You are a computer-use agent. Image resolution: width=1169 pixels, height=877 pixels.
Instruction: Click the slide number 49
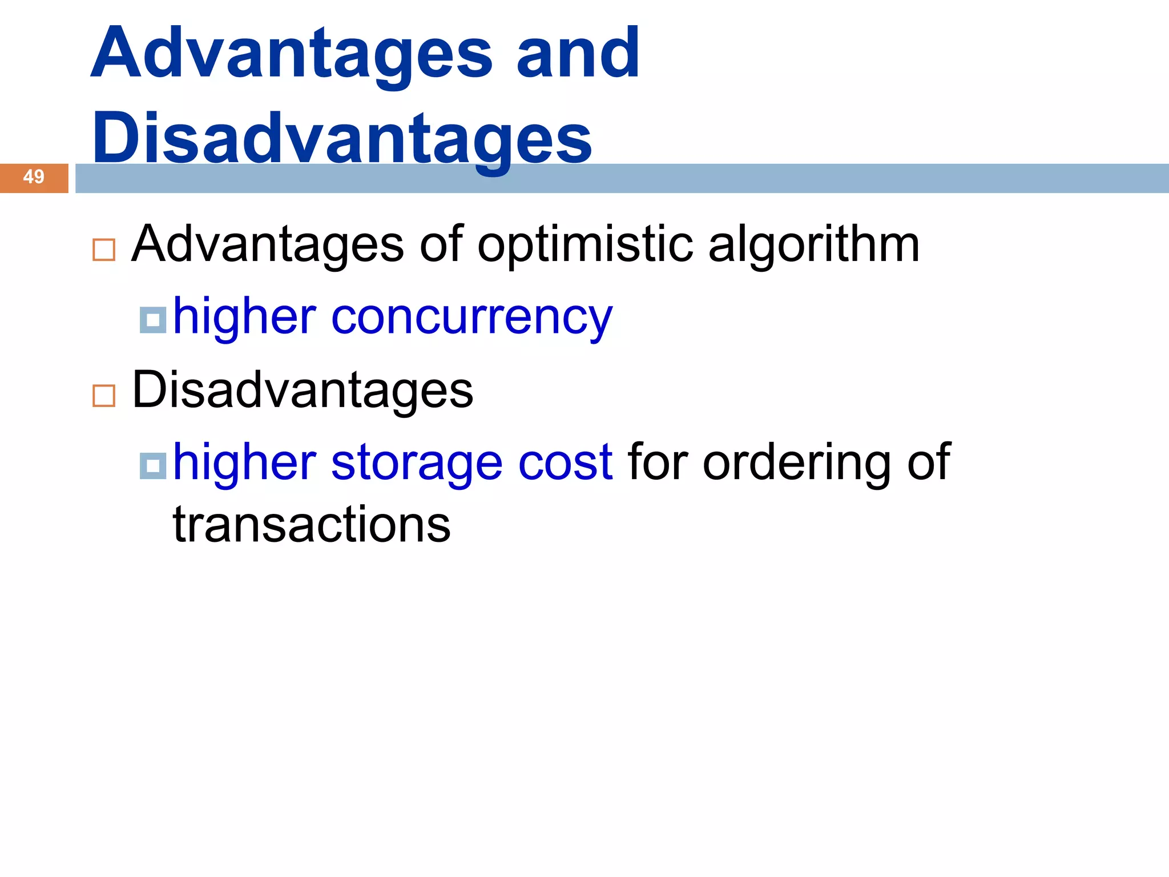34,177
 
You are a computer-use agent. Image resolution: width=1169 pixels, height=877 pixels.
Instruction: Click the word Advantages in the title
291,54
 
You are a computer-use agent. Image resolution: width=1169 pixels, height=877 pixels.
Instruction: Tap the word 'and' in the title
578,54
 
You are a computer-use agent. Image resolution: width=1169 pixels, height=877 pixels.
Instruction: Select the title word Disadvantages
342,139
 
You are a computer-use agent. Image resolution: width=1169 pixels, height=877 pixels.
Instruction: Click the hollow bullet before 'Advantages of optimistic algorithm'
104,250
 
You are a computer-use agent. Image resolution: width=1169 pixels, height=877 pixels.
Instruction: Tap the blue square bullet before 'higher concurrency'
153,320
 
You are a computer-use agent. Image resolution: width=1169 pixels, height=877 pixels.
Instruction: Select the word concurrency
471,317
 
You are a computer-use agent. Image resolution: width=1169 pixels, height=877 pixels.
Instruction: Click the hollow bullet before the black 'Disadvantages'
104,396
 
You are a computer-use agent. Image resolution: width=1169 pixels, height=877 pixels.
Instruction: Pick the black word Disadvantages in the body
303,390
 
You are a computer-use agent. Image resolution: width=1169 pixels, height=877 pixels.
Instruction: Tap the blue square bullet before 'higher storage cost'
153,466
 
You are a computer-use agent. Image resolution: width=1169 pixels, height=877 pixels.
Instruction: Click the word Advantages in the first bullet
268,244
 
